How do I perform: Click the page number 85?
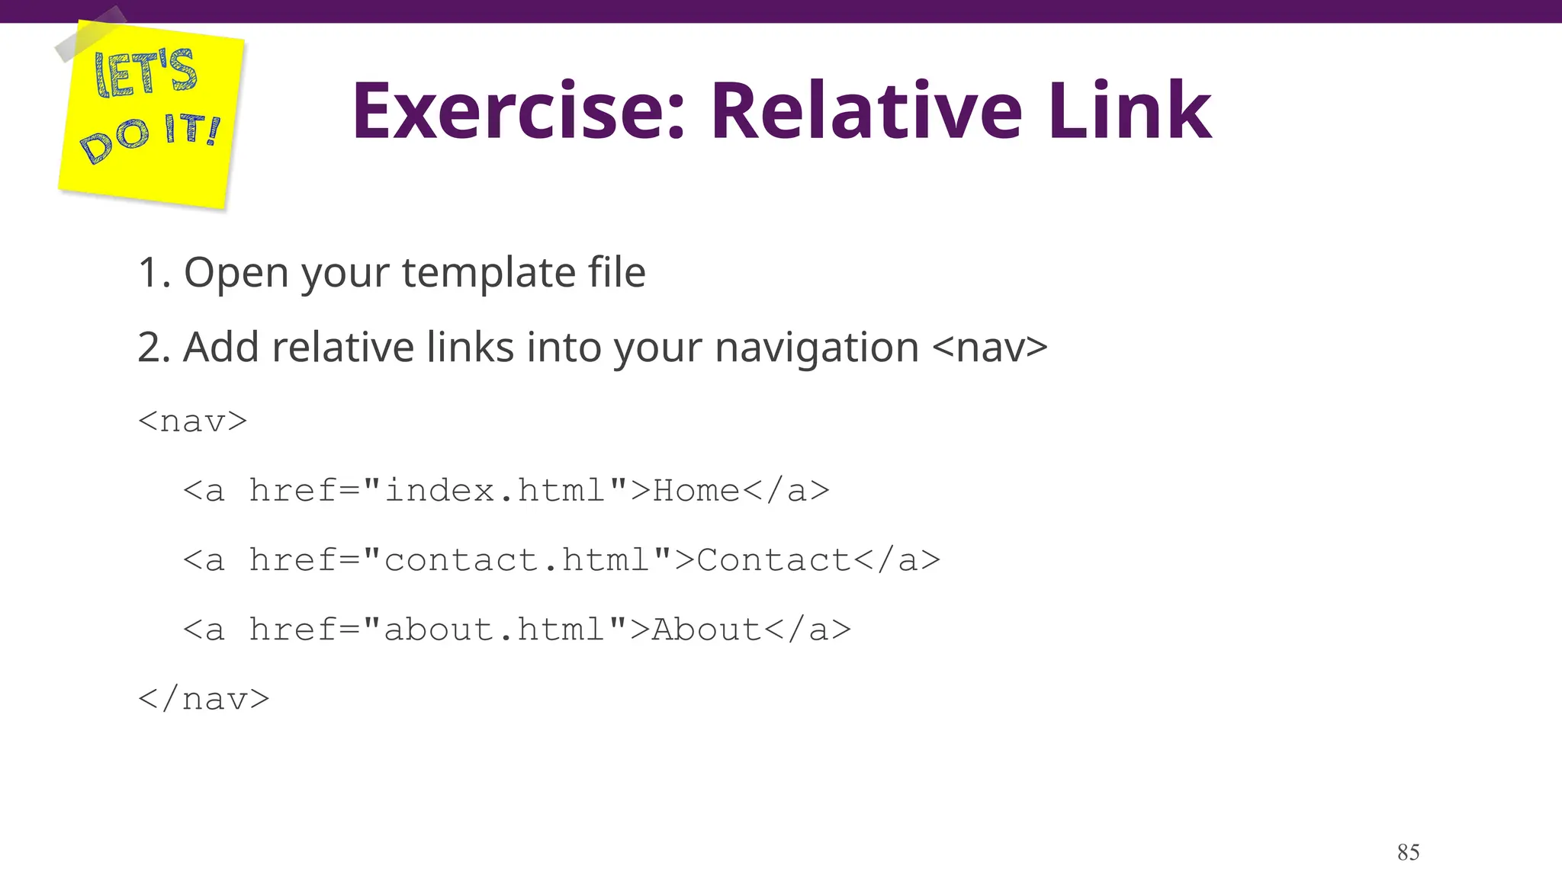pyautogui.click(x=1408, y=852)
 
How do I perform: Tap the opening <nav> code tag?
pyautogui.click(x=193, y=421)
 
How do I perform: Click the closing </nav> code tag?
pyautogui.click(x=204, y=699)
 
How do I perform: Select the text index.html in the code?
pyautogui.click(x=496, y=491)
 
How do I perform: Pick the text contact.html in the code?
pyautogui.click(x=517, y=560)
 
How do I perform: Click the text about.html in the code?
pyautogui.click(x=495, y=630)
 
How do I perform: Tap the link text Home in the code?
pyautogui.click(x=696, y=491)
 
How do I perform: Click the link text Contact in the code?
pyautogui.click(x=773, y=560)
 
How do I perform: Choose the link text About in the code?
pyautogui.click(x=706, y=630)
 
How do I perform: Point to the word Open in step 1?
pyautogui.click(x=236, y=273)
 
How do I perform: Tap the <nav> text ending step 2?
pyautogui.click(x=990, y=348)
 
